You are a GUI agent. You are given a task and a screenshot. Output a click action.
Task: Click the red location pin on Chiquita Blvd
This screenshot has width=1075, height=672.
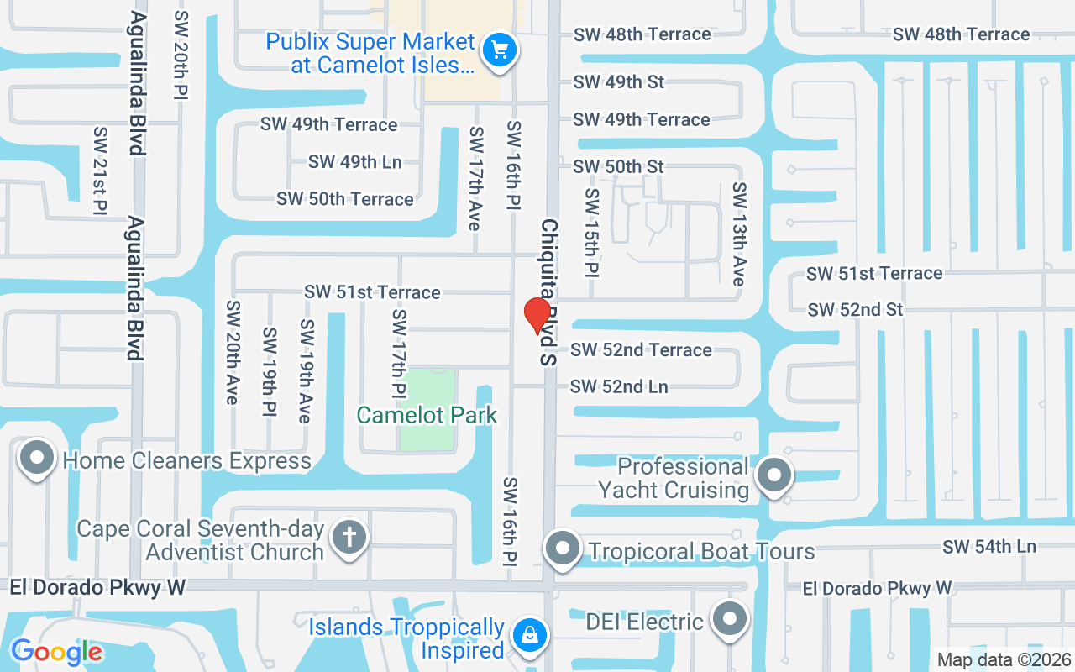tap(537, 315)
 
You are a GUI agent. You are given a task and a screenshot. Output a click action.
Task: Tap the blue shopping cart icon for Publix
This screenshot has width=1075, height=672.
tap(500, 50)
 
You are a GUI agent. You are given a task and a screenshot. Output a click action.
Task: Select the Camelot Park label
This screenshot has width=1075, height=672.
tap(427, 415)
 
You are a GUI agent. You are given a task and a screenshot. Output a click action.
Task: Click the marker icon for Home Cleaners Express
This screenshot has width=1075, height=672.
tap(36, 458)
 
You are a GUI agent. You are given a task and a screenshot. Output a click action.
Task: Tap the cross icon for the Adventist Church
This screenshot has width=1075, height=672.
tap(349, 537)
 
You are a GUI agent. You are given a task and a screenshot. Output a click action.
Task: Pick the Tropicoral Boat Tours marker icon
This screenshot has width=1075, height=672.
tap(563, 549)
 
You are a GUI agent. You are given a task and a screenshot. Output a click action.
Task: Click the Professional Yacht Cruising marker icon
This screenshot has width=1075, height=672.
tap(773, 476)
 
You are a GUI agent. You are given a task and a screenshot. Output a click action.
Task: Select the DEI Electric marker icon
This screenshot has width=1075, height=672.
tap(729, 620)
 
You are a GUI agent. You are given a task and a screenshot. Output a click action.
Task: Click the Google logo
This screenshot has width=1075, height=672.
tap(56, 651)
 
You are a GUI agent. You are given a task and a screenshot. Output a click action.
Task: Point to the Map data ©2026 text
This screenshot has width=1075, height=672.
tap(1004, 660)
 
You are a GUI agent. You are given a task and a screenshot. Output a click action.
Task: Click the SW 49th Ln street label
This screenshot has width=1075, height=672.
tap(354, 162)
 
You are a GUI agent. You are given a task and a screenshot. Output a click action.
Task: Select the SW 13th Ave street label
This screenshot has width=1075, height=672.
tap(739, 234)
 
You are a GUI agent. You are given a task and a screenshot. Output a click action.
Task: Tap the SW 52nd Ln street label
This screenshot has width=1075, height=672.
tap(619, 386)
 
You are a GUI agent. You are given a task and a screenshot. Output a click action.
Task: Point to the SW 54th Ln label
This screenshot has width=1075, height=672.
tap(988, 546)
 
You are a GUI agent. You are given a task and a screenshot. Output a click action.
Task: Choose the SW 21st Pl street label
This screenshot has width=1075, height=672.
tap(101, 171)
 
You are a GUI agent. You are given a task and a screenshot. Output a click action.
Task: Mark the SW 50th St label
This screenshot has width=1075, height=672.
tap(618, 166)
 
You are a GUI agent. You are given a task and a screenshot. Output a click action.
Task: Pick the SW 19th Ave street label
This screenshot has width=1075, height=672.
tap(307, 370)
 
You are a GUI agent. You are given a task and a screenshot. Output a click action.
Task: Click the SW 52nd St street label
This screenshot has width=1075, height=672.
tap(855, 310)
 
